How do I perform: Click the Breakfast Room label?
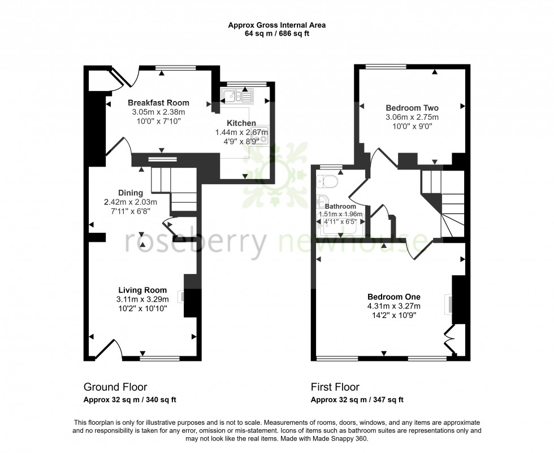point(158,103)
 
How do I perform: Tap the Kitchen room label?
point(241,123)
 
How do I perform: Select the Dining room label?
point(131,193)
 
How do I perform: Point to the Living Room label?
point(142,290)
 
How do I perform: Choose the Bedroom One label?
point(394,297)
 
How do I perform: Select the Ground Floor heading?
point(115,387)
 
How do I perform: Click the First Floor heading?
point(335,387)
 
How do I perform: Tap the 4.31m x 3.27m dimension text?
point(394,307)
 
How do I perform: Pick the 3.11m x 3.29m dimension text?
point(142,299)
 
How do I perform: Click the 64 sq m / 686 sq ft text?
point(276,34)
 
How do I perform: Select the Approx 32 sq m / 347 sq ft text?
point(357,400)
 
